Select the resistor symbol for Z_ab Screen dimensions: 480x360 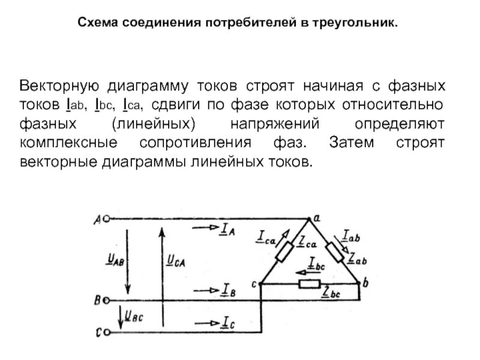pyautogui.click(x=335, y=252)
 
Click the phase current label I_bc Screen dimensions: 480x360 pyautogui.click(x=316, y=262)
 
